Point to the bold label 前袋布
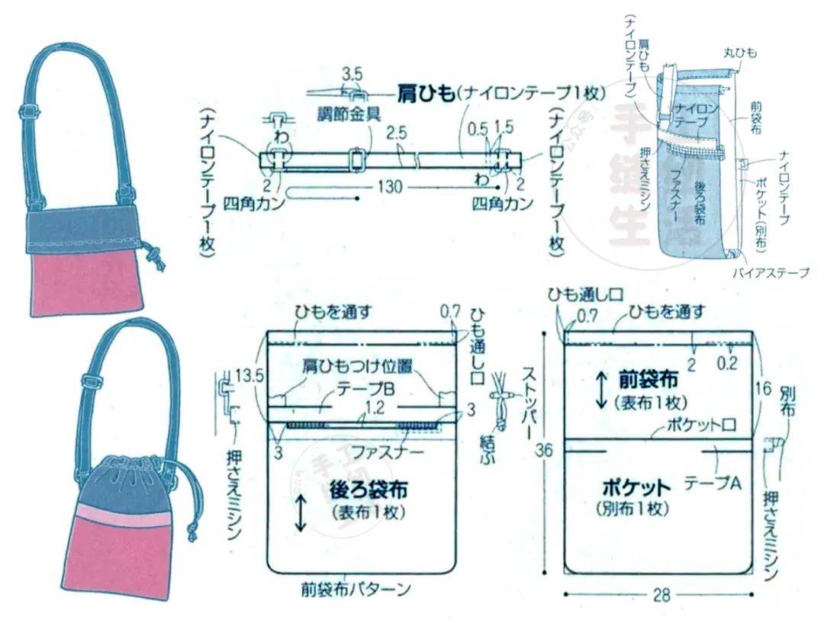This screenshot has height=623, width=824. point(649,379)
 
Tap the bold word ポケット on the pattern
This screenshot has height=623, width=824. point(636,487)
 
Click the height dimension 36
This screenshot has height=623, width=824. point(544,450)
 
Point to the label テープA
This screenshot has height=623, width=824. point(712,483)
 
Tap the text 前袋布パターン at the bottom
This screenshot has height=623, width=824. point(356,589)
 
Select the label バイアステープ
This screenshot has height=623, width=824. point(770,272)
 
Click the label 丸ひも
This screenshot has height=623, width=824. point(739,53)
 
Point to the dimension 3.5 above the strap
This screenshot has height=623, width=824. point(352,75)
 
